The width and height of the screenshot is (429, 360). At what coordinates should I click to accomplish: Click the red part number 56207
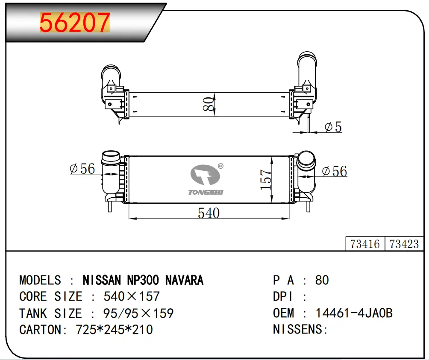click(75, 22)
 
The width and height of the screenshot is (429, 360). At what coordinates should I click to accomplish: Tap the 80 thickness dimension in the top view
click(209, 104)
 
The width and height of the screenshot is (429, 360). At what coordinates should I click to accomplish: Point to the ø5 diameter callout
click(333, 127)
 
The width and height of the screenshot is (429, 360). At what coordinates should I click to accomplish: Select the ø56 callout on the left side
click(82, 168)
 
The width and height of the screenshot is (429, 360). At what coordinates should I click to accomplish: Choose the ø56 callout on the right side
click(334, 171)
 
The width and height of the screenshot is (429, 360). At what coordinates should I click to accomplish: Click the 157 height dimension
click(266, 179)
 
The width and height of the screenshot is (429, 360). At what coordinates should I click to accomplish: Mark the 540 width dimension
click(209, 213)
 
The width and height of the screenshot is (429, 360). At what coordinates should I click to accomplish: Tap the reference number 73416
click(365, 244)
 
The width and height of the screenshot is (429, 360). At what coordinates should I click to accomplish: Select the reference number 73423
click(404, 244)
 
